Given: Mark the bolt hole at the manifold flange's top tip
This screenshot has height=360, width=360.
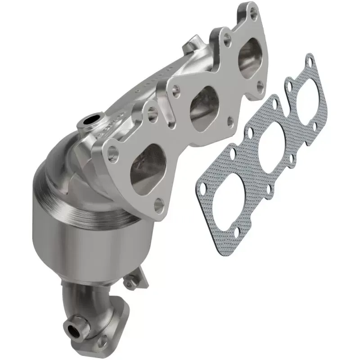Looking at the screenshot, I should (x=254, y=14).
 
